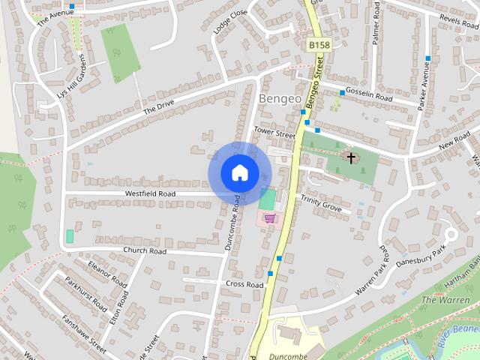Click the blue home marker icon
pos(239,173)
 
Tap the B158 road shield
pos(319,46)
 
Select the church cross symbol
pos(350,157)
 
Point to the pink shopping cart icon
pos(268,218)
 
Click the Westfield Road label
pos(150,193)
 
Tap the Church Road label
pos(145,251)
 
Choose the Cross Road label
pos(244,285)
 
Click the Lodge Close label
pos(229,23)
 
